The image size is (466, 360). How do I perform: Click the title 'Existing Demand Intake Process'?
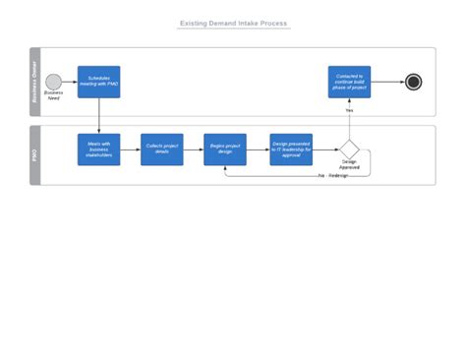pos(233,23)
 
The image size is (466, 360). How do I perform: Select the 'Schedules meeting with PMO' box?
pos(99,82)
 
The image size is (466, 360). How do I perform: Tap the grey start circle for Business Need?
pos(53,82)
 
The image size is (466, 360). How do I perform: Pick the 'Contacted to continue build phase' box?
pos(349,82)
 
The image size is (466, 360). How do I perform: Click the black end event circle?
pos(414,82)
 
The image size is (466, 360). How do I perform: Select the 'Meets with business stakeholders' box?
pos(99,150)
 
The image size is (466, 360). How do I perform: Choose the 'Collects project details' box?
pos(162,150)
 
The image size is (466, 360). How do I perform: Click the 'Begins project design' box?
pos(225,150)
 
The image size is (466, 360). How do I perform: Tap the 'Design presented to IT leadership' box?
pos(291,150)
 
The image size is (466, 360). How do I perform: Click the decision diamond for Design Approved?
pos(349,150)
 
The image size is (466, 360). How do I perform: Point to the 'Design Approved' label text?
pos(350,166)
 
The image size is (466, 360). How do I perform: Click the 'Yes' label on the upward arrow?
pos(349,110)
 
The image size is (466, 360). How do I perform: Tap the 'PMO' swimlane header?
pos(36,154)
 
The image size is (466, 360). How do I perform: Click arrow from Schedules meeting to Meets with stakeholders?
pos(99,116)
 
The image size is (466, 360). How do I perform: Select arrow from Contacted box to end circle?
pos(386,82)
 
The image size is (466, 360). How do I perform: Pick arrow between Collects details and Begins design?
pos(194,150)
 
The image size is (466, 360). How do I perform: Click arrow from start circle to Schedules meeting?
pos(70,82)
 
